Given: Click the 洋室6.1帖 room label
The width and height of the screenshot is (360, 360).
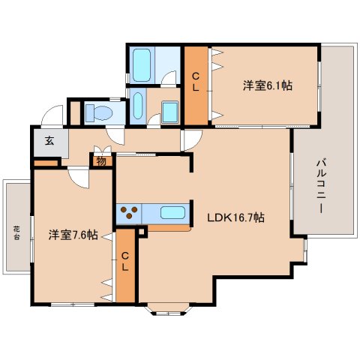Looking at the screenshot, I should [267, 85].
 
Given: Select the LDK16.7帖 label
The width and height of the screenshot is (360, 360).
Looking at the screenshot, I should [235, 217].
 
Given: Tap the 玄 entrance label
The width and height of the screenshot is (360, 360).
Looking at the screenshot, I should [49, 140].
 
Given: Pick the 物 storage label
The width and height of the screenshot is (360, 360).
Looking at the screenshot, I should [100, 159].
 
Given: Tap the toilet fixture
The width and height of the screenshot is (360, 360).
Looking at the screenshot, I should [97, 112].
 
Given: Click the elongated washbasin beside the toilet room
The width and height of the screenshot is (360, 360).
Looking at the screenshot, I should [137, 106].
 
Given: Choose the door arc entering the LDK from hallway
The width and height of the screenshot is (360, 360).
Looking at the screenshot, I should [189, 140].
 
